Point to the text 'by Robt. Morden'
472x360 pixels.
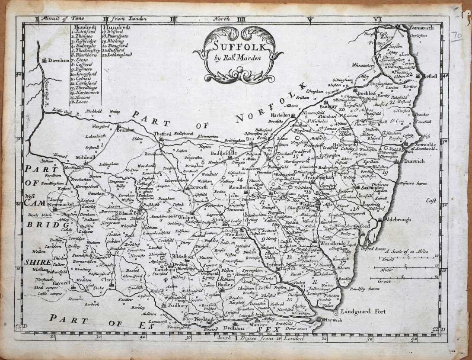(237, 58)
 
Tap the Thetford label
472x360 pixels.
(160, 134)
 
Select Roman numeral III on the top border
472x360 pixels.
(174, 19)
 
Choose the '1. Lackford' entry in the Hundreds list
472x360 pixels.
(85, 32)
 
